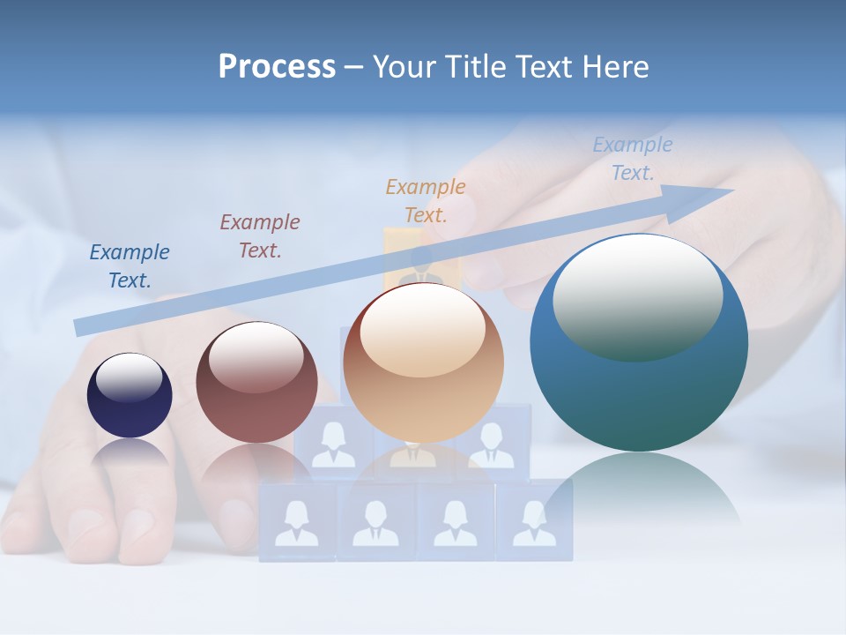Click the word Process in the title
277,66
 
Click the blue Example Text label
130,265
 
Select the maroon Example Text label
260,235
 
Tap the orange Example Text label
426,200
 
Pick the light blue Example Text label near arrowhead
633,159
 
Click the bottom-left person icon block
297,522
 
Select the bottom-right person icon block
534,522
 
